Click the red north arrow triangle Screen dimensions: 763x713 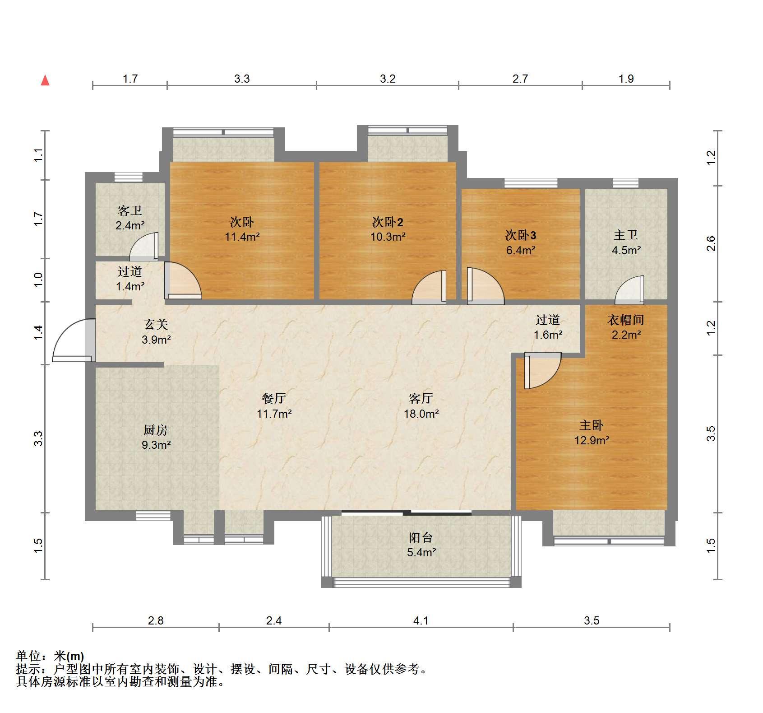pos(45,80)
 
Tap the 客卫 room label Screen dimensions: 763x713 pos(130,210)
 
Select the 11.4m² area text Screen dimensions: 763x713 pos(242,236)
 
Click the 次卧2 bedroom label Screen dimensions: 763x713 pos(388,222)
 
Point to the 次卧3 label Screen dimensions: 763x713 pos(521,235)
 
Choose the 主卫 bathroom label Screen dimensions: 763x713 pos(626,235)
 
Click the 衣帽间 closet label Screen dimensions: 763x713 pos(626,320)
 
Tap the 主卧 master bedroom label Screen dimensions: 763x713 pos(592,425)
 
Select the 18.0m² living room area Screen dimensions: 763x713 pos(421,413)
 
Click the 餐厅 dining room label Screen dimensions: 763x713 pos(274,398)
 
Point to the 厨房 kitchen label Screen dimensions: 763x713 pos(156,430)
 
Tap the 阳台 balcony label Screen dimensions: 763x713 pos(421,537)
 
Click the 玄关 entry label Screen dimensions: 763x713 pos(156,324)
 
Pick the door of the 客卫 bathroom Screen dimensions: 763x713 pos(144,247)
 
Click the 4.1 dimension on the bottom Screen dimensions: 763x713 pos(421,620)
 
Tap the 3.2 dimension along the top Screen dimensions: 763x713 pos(388,79)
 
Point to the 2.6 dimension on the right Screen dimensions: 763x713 pos(711,244)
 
